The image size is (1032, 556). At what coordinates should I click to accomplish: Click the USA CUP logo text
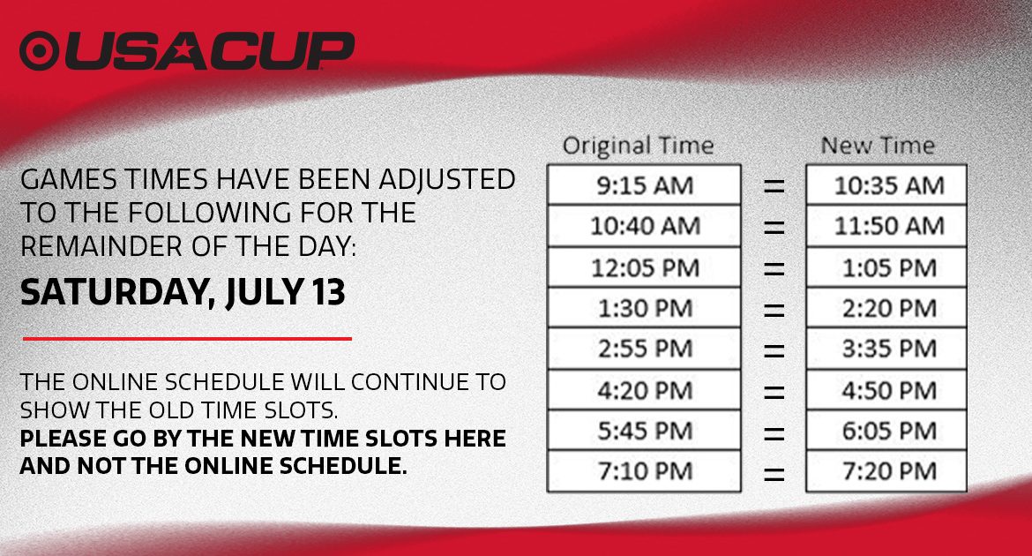(x=210, y=50)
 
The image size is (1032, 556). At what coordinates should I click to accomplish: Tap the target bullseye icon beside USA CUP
(x=41, y=50)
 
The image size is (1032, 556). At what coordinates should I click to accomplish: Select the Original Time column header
(x=638, y=146)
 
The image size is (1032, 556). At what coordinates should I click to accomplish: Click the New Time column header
(x=878, y=146)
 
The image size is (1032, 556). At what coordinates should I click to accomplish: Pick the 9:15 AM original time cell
(x=645, y=185)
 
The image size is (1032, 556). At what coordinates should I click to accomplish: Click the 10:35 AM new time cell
(x=886, y=185)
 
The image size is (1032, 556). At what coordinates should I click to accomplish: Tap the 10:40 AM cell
(x=645, y=226)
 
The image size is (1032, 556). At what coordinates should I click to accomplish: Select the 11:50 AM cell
(x=886, y=226)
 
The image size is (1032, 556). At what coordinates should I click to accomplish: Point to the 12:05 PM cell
(x=645, y=267)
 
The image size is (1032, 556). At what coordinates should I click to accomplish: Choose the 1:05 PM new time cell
(x=886, y=267)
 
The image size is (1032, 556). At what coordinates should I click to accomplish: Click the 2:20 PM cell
(x=886, y=308)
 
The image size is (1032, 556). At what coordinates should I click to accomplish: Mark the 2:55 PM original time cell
(x=645, y=349)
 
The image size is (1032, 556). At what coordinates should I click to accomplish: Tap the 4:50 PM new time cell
(x=886, y=390)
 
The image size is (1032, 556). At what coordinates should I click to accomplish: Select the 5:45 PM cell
(x=645, y=430)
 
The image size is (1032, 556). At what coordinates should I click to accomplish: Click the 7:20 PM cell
(x=886, y=471)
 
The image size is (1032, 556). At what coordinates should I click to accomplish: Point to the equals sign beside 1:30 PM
(x=774, y=310)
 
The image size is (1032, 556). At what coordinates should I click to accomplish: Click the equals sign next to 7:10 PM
(x=774, y=474)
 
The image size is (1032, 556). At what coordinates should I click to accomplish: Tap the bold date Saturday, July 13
(x=183, y=292)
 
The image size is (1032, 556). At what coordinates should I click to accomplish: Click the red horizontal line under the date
(x=188, y=339)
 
